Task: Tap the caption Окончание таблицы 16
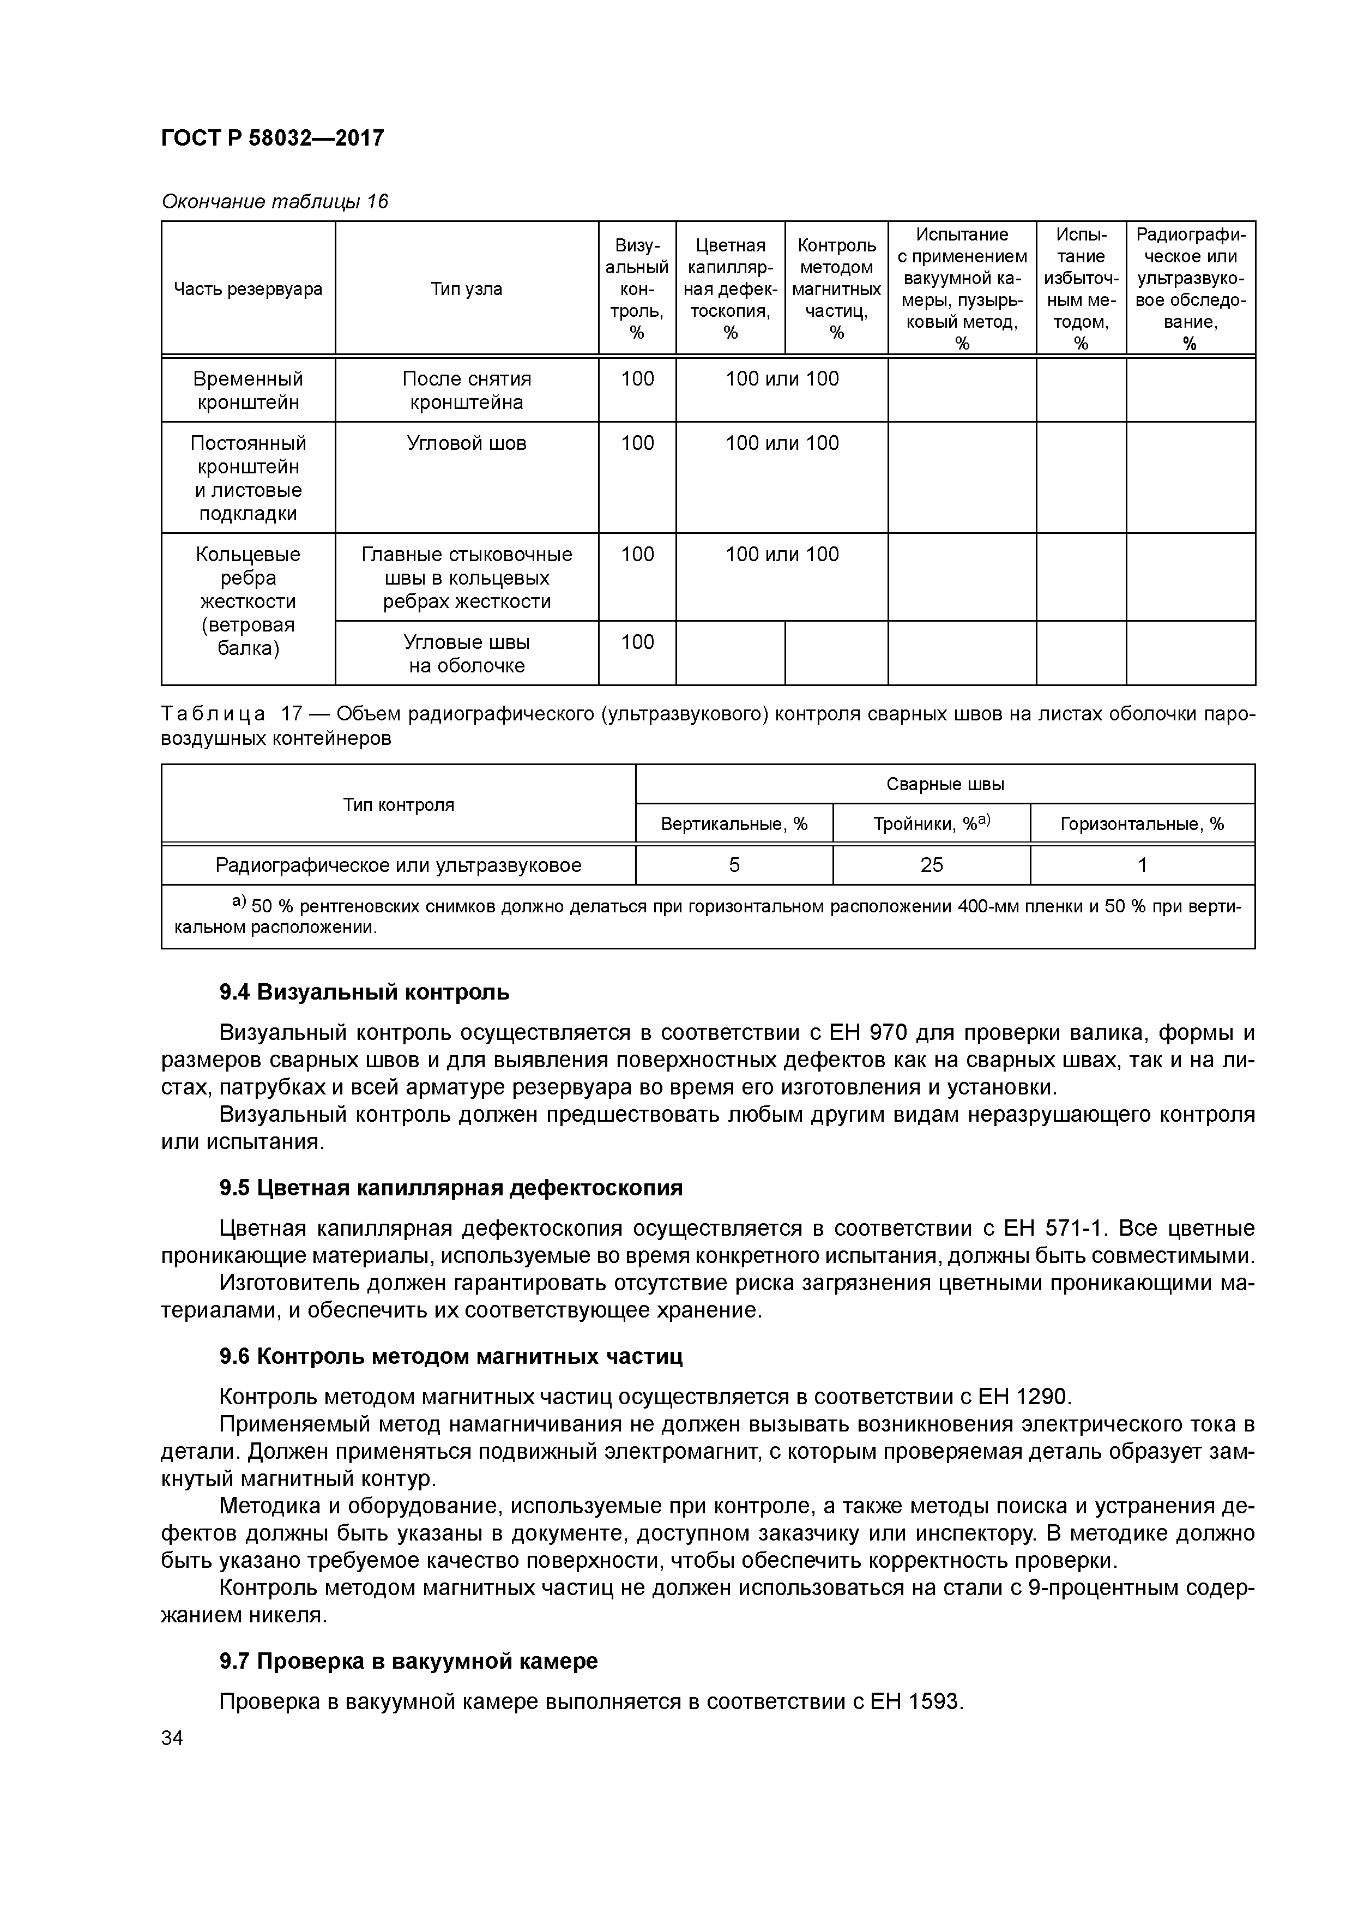coord(274,202)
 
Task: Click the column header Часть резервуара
coord(248,289)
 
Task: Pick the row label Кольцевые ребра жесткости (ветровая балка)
coord(248,601)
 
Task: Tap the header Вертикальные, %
coord(733,824)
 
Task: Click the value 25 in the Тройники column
coord(931,865)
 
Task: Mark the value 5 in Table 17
coord(733,865)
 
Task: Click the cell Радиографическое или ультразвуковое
coord(397,865)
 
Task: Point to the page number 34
coord(172,1738)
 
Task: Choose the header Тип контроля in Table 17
coord(397,804)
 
